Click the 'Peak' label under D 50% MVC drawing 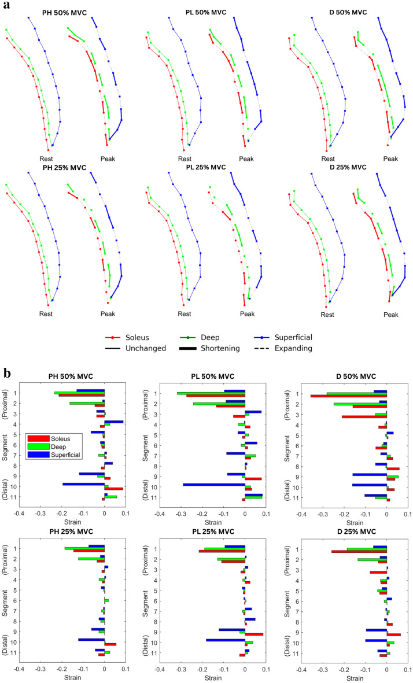coord(390,158)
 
